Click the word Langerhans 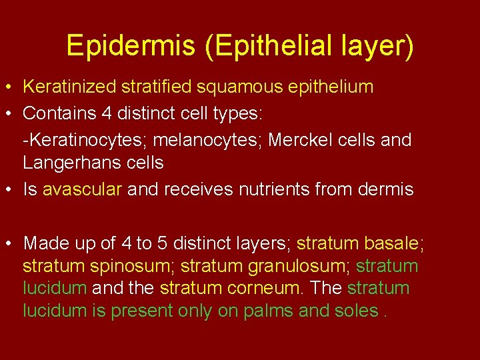[x=68, y=163]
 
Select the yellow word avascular [x=82, y=190]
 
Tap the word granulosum [x=300, y=266]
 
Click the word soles [x=356, y=311]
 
